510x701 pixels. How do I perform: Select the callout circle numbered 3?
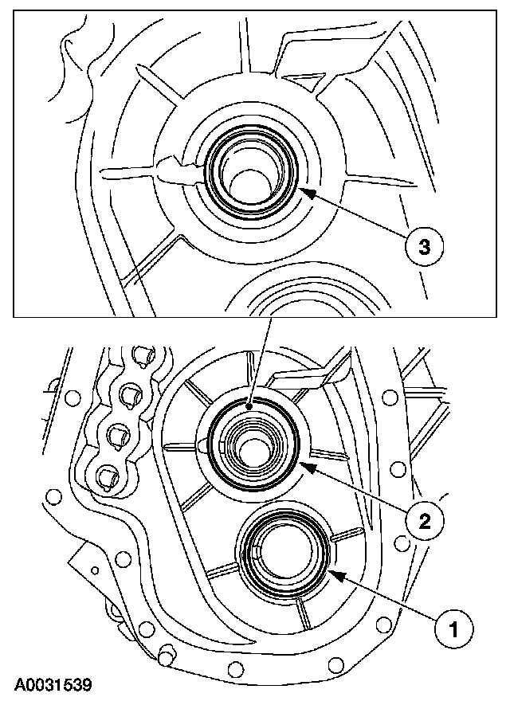point(423,247)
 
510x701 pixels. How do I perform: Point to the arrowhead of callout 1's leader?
point(331,571)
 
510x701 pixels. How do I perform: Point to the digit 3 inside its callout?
point(423,247)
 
